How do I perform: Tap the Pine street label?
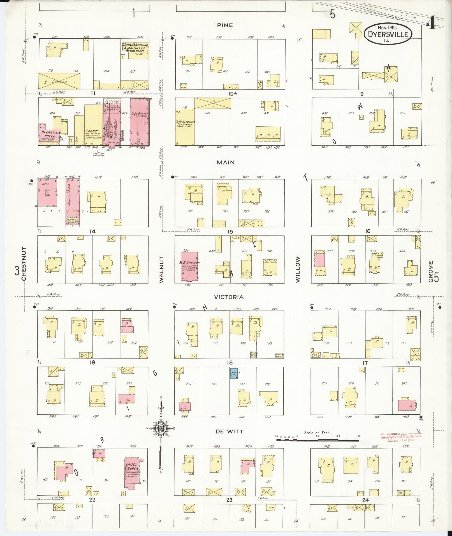point(225,25)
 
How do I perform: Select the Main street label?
point(226,162)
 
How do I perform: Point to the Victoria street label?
point(229,297)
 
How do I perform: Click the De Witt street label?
point(229,431)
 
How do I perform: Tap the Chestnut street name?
point(24,264)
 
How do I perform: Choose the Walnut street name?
point(161,265)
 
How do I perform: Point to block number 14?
point(92,231)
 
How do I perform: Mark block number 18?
point(230,363)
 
